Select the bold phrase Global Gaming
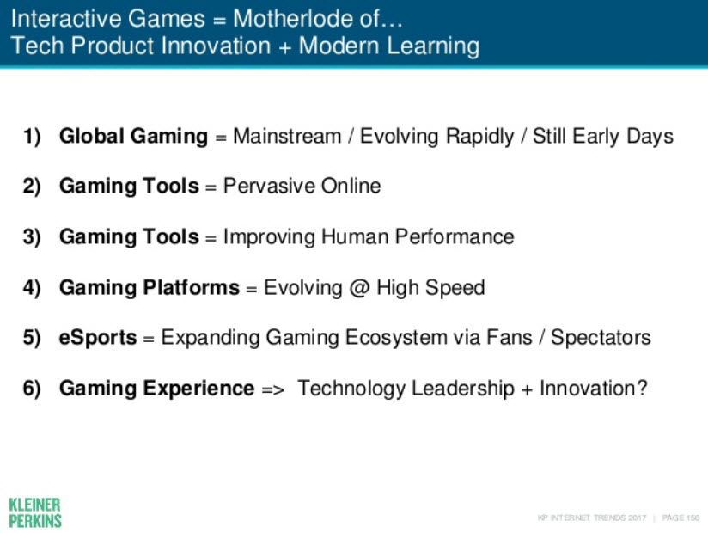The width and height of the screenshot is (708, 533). [x=134, y=137]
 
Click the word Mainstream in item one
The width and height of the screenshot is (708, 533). [x=287, y=136]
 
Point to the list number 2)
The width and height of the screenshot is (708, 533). [x=32, y=187]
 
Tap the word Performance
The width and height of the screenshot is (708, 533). [x=455, y=236]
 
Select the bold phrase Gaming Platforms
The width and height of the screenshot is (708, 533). [x=149, y=288]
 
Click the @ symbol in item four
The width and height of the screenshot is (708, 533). [x=359, y=288]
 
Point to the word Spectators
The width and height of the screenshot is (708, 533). [x=601, y=338]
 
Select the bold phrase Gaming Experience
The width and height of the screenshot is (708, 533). [x=156, y=389]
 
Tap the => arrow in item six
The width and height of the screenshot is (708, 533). [x=272, y=389]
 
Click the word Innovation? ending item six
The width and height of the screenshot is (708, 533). [x=594, y=389]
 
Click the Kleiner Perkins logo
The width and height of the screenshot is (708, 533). [x=34, y=512]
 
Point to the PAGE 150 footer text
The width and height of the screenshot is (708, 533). [x=681, y=518]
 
